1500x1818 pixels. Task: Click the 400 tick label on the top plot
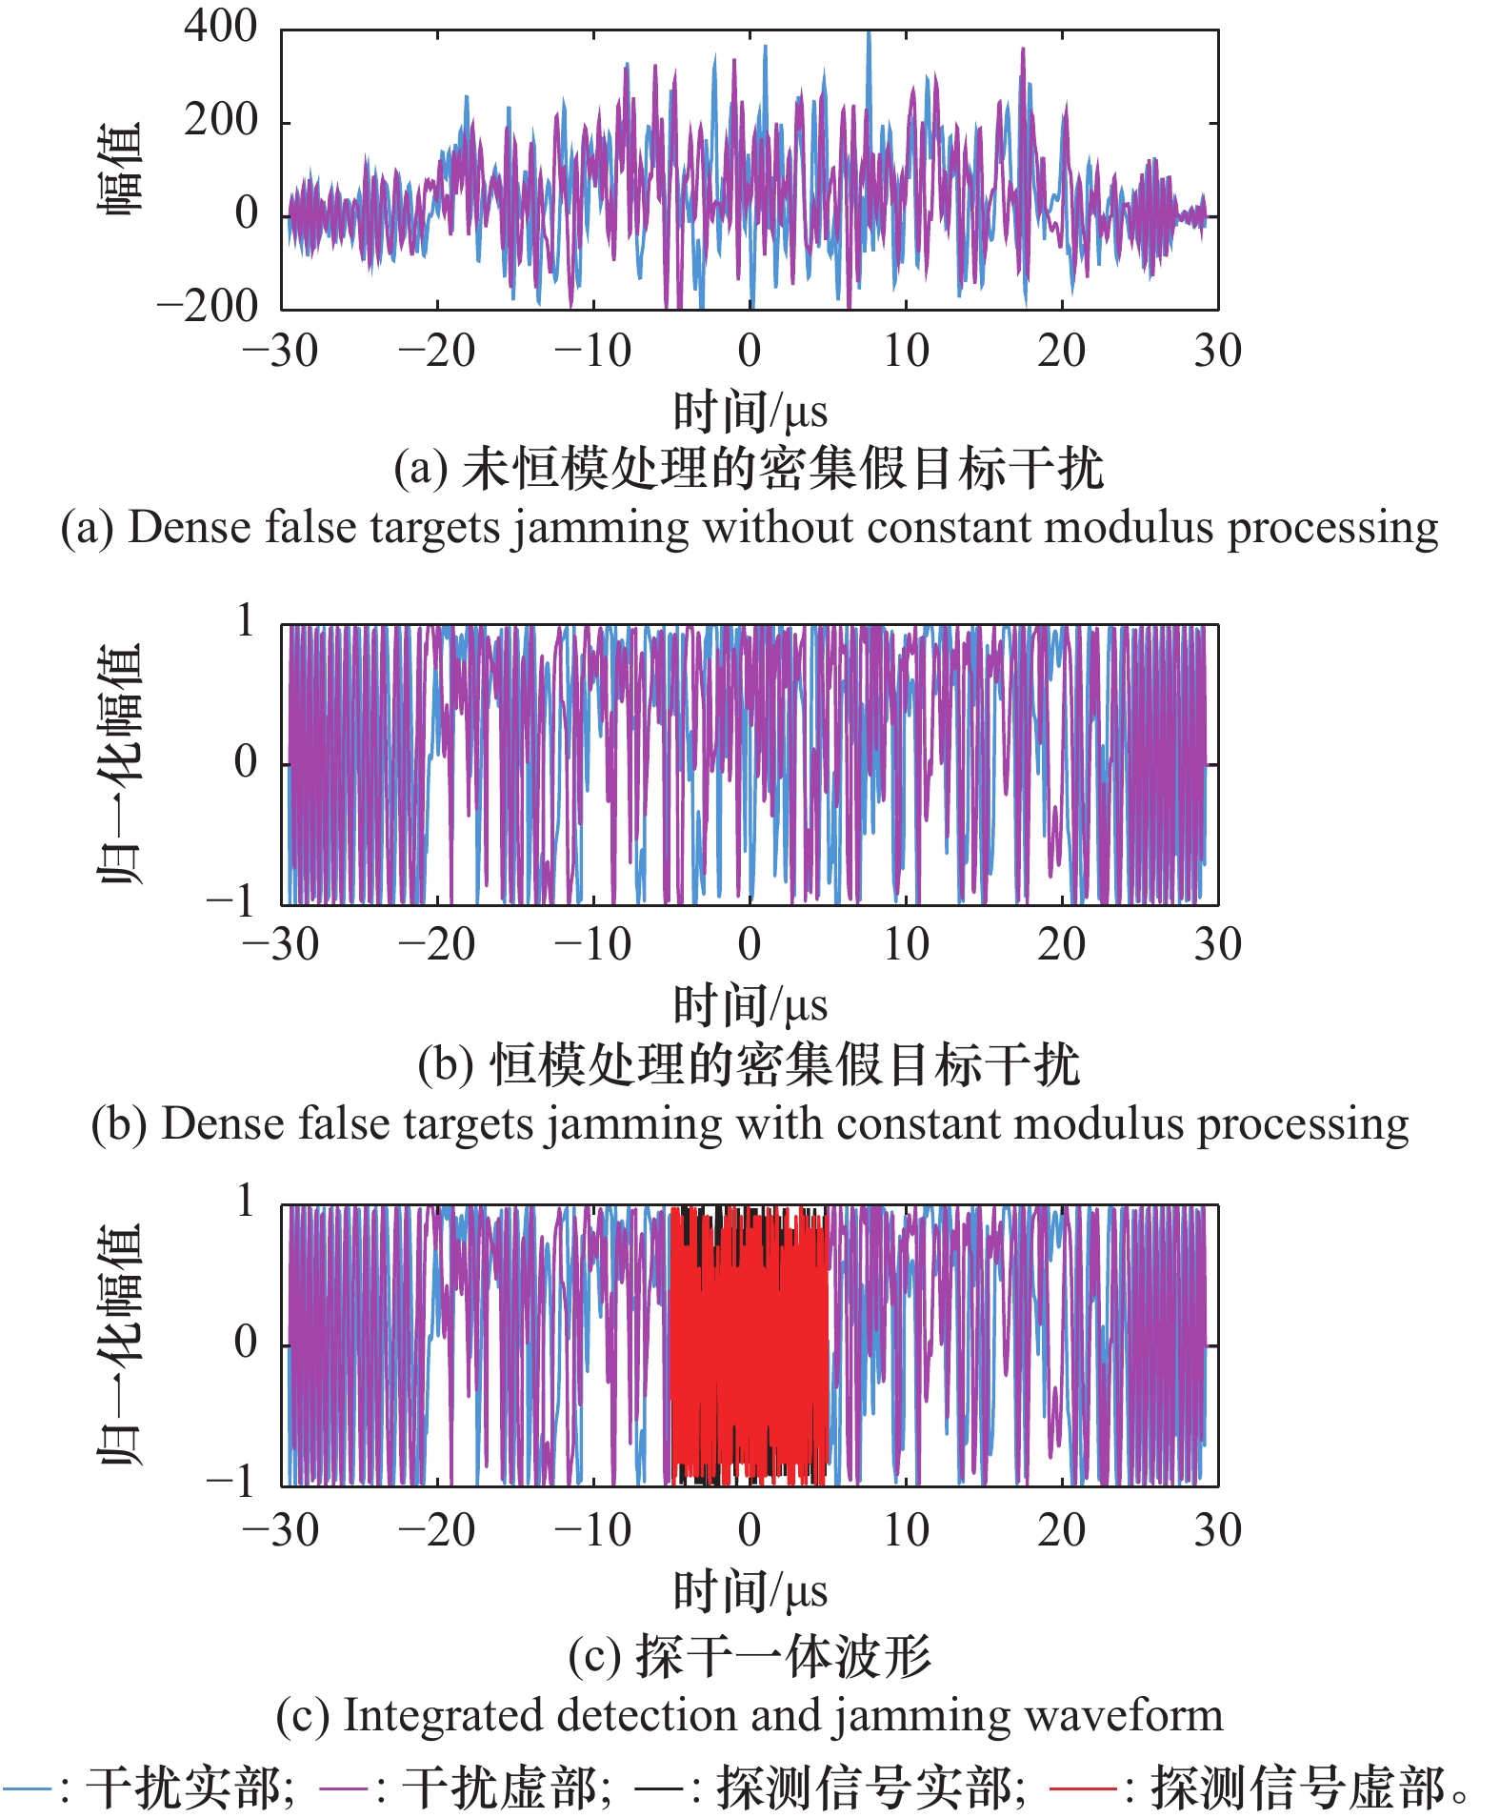pyautogui.click(x=221, y=27)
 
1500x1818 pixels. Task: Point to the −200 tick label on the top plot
pyautogui.click(x=208, y=306)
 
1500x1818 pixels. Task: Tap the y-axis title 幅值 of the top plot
pyautogui.click(x=121, y=168)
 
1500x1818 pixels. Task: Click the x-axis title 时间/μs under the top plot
pyautogui.click(x=750, y=412)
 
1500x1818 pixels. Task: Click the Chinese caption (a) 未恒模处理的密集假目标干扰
pyautogui.click(x=750, y=469)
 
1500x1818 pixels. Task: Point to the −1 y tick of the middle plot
pyautogui.click(x=230, y=899)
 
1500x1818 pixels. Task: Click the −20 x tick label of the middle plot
pyautogui.click(x=437, y=944)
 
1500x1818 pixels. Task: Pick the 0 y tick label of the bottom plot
pyautogui.click(x=246, y=1342)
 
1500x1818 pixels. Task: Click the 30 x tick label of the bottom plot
pyautogui.click(x=1218, y=1530)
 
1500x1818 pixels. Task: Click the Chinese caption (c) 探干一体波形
pyautogui.click(x=750, y=1657)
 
